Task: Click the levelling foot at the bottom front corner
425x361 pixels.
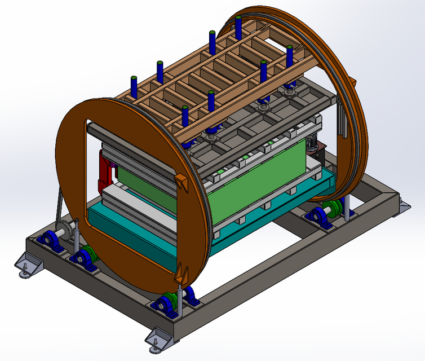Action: [158, 340]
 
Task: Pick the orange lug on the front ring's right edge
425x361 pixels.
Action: [180, 183]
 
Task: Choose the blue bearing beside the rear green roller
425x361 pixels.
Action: [319, 217]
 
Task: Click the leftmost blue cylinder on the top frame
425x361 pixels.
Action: [135, 85]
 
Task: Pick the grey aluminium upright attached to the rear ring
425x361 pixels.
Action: [342, 121]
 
